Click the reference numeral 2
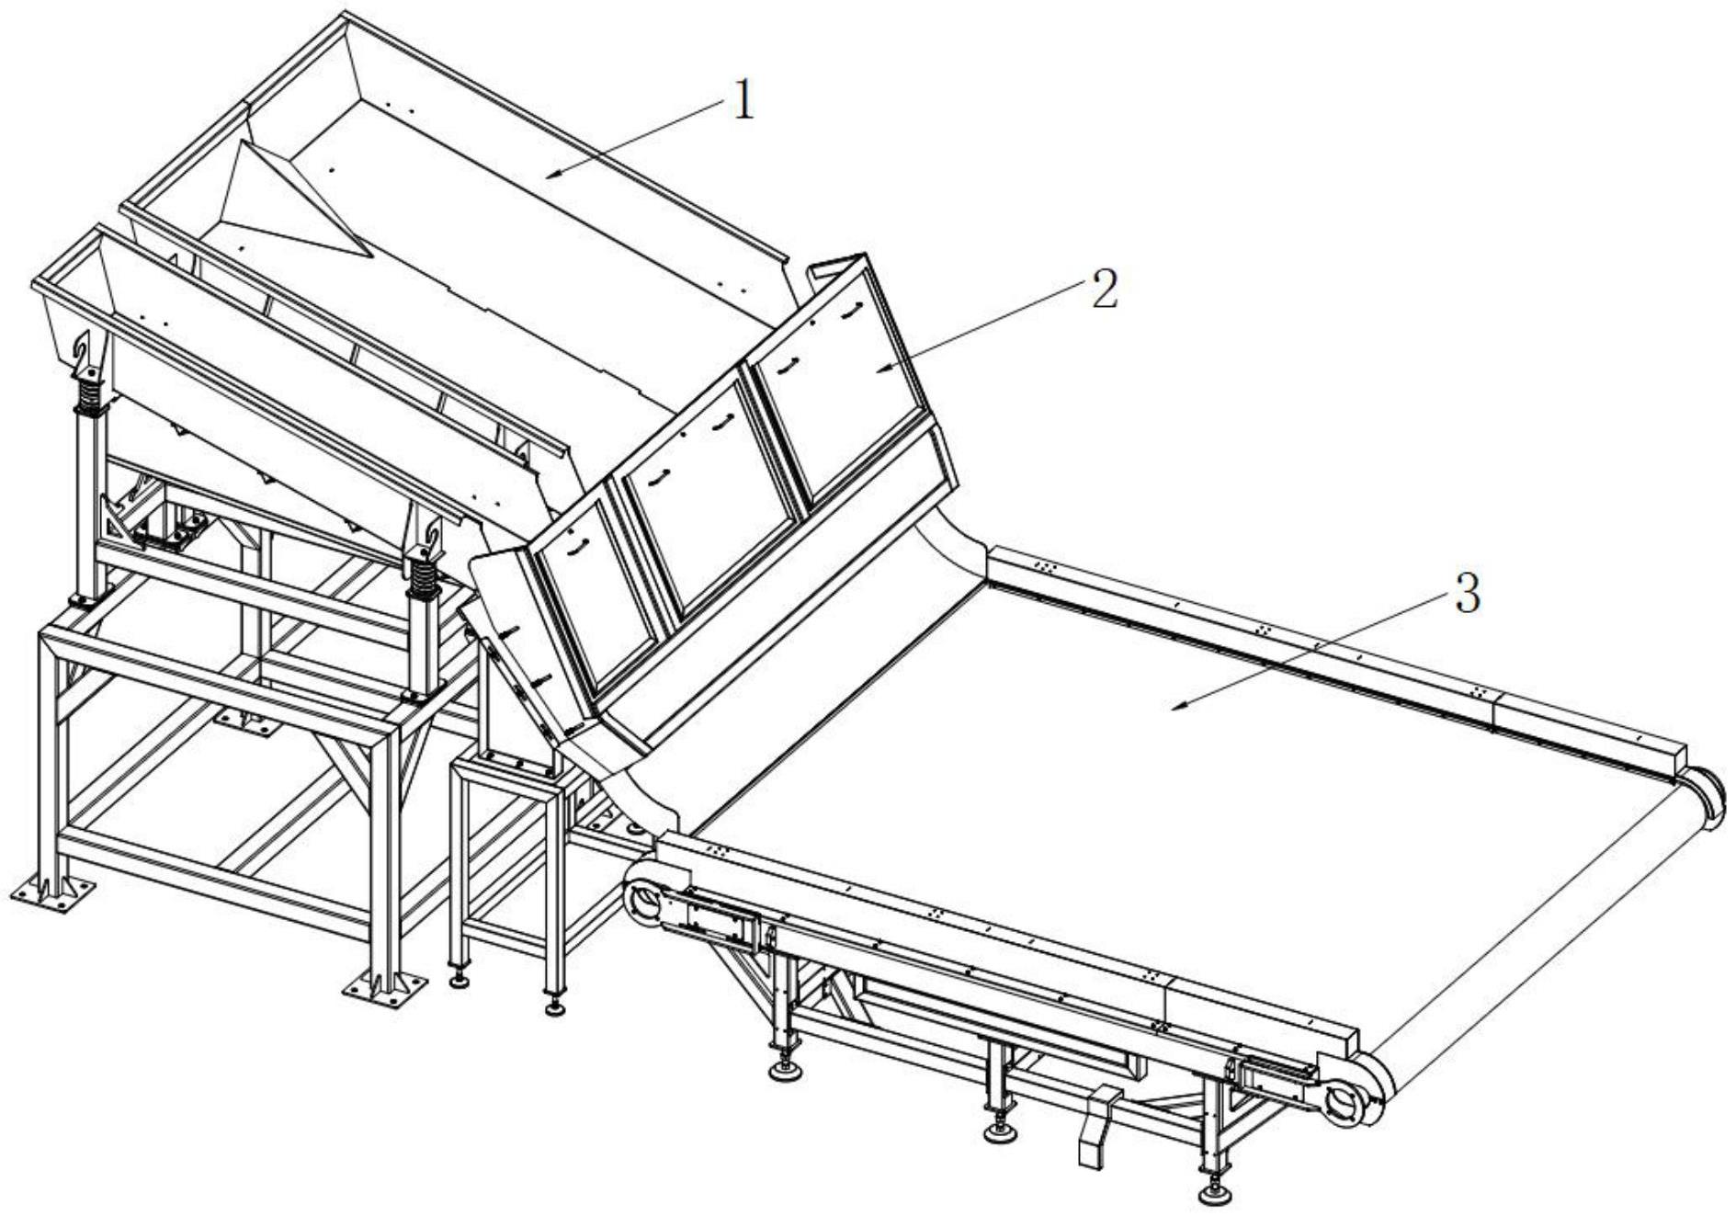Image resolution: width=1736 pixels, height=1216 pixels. [1103, 290]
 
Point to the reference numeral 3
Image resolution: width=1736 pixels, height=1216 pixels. [1468, 594]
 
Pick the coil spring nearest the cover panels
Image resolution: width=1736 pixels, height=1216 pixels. [424, 579]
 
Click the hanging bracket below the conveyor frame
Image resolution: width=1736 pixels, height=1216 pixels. [1097, 1129]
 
